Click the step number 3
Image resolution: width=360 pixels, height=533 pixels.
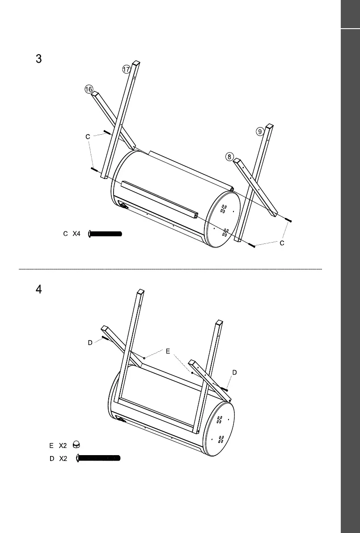[x=38, y=59]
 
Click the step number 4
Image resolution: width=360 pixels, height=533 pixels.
[x=38, y=290]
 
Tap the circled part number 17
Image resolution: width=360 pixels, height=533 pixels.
[x=126, y=69]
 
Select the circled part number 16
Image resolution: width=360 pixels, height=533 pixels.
[x=89, y=90]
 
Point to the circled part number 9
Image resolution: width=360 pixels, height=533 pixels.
[x=260, y=132]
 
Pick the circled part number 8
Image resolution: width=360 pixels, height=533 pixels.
[x=229, y=157]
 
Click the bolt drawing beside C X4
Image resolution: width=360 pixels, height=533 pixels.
[x=106, y=233]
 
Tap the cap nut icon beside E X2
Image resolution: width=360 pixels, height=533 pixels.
[x=76, y=445]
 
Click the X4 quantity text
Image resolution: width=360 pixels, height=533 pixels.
[x=76, y=234]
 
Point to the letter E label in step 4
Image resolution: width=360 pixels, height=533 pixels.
[x=168, y=352]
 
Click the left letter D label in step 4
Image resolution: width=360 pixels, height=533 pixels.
[x=90, y=343]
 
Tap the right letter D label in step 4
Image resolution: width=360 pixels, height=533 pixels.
[x=235, y=372]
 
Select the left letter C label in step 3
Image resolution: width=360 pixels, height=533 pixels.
[x=88, y=136]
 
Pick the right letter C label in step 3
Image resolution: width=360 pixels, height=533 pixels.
[x=282, y=243]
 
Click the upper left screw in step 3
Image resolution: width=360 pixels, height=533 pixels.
[x=107, y=132]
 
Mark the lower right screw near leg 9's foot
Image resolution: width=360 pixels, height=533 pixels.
[x=253, y=246]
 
